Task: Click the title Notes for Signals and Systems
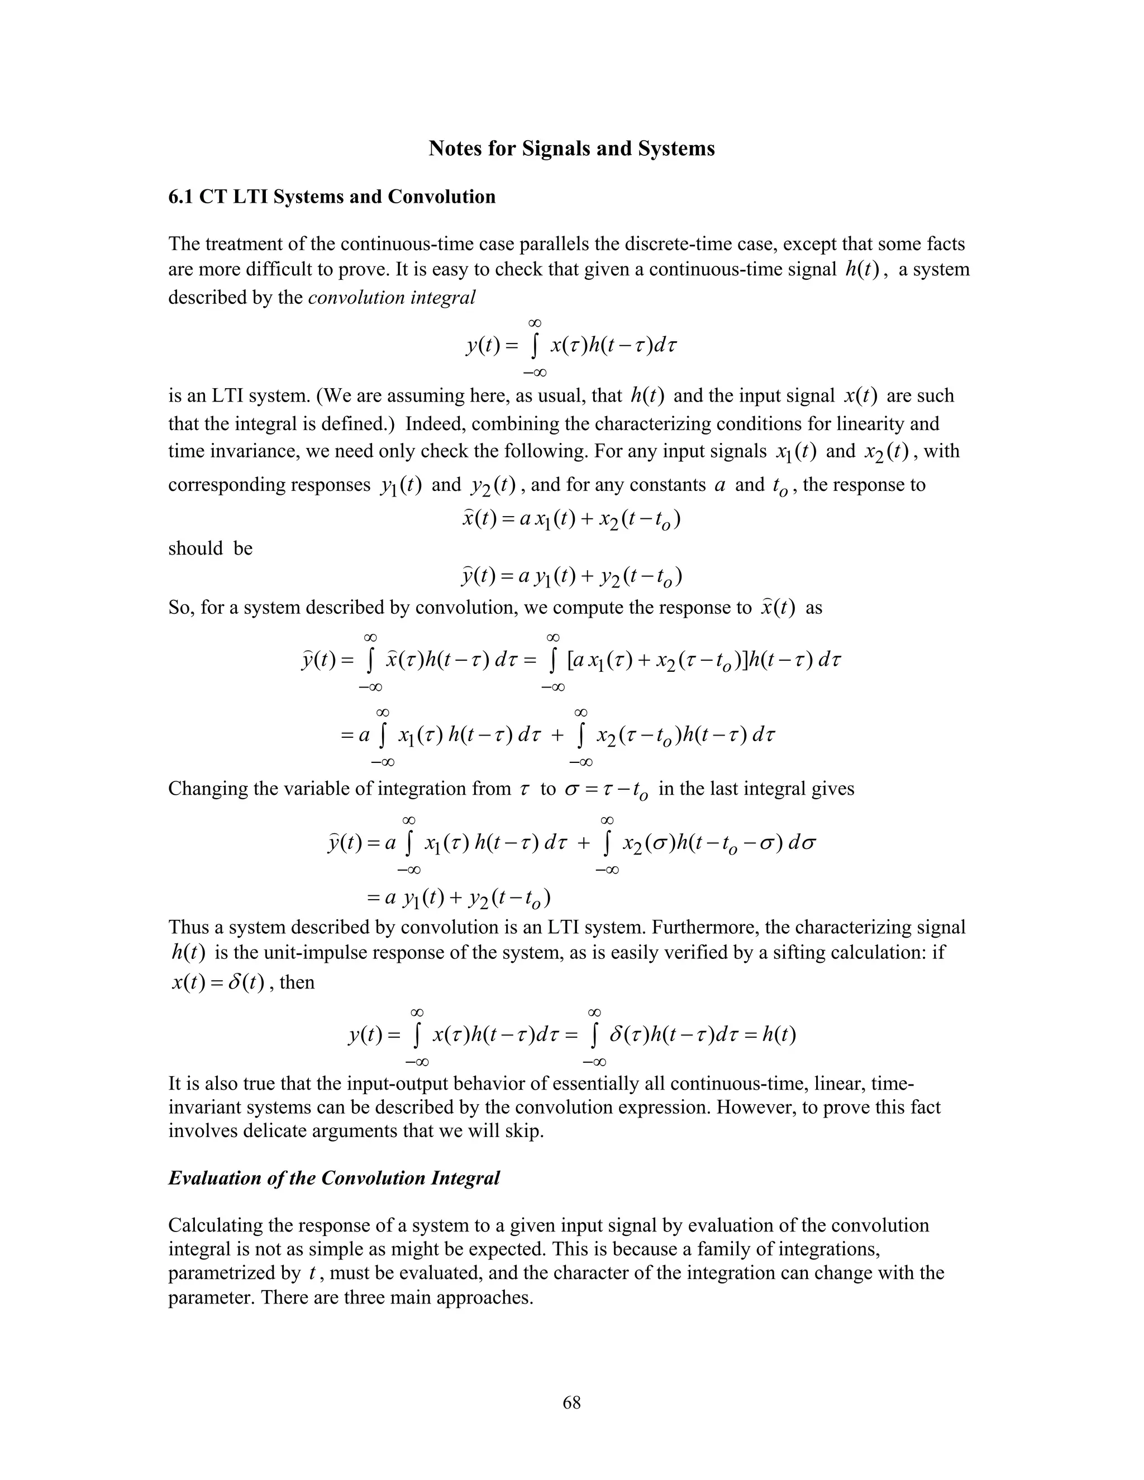(x=571, y=149)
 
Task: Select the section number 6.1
(x=181, y=197)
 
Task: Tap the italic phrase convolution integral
(x=391, y=298)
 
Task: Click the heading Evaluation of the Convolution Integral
(x=333, y=1178)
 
